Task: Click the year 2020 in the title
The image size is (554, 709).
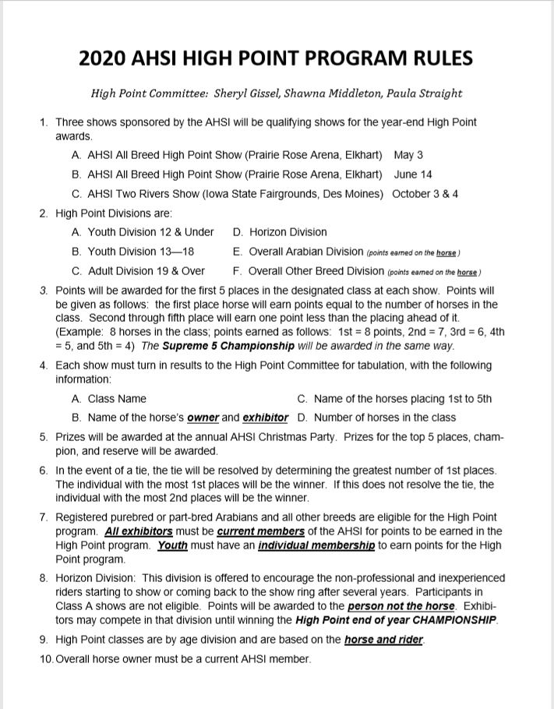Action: click(105, 58)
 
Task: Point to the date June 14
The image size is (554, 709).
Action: click(413, 175)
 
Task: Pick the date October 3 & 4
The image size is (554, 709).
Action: click(425, 194)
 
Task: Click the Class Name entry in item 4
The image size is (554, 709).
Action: click(117, 399)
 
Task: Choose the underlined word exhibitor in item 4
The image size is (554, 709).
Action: click(266, 418)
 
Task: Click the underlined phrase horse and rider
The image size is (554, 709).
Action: click(384, 640)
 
